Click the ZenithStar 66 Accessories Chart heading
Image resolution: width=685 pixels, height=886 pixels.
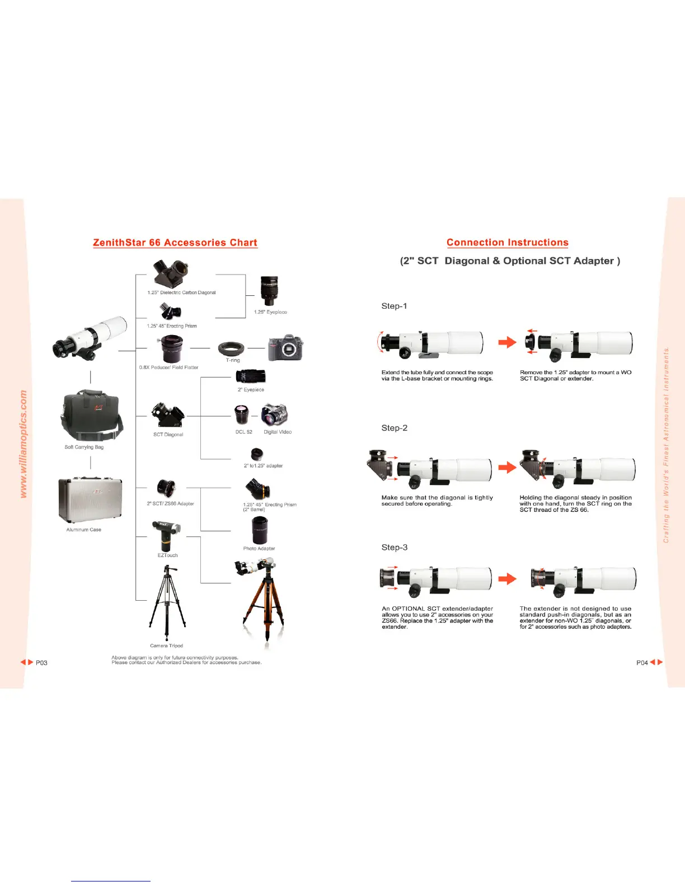click(x=175, y=243)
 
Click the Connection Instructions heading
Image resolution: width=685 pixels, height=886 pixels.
click(x=507, y=242)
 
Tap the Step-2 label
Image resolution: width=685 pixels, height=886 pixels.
click(x=394, y=428)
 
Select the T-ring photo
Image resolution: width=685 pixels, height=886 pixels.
click(x=231, y=349)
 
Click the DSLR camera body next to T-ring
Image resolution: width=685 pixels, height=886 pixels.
click(x=285, y=348)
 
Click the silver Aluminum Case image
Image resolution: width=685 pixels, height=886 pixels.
click(x=90, y=500)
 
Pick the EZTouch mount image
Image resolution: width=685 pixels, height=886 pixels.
click(x=166, y=535)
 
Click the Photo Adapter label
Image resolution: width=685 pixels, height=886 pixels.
click(x=259, y=548)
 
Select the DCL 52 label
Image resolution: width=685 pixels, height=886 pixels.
click(x=243, y=432)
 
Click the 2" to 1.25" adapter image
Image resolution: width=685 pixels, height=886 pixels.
click(x=257, y=454)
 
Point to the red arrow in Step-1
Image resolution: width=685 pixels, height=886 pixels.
click(x=508, y=342)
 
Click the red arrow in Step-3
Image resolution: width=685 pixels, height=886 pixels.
click(x=508, y=578)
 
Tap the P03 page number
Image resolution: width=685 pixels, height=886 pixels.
click(x=41, y=663)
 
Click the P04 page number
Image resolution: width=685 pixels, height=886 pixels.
click(x=642, y=663)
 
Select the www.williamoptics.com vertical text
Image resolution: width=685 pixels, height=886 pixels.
click(x=24, y=444)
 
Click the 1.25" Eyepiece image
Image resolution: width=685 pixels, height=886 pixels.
click(x=269, y=291)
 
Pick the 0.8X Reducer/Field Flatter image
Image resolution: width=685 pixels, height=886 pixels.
click(x=171, y=349)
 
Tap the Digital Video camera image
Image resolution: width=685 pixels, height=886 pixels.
click(x=275, y=414)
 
